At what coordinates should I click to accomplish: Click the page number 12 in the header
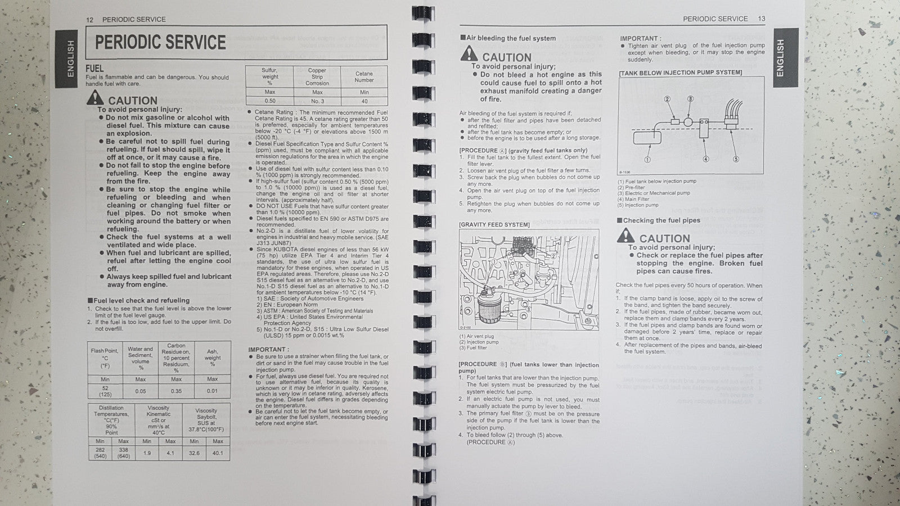[x=89, y=19]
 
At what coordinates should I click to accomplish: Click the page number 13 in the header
[x=762, y=19]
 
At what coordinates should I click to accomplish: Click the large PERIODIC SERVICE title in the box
[x=160, y=43]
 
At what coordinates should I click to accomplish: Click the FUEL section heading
[x=94, y=68]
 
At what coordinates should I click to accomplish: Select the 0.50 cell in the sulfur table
[x=270, y=101]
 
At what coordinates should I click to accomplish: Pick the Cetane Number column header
[x=364, y=76]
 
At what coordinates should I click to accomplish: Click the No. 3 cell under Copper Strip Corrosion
[x=317, y=101]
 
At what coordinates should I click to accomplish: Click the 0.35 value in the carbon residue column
[x=176, y=391]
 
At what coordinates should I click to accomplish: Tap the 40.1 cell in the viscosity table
[x=218, y=453]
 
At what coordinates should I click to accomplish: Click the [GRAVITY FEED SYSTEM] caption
[x=494, y=224]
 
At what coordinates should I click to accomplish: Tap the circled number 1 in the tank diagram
[x=647, y=160]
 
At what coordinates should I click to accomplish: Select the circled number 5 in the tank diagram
[x=736, y=159]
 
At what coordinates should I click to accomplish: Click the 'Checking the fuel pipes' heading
[x=661, y=220]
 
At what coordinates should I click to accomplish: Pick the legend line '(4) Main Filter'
[x=633, y=199]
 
